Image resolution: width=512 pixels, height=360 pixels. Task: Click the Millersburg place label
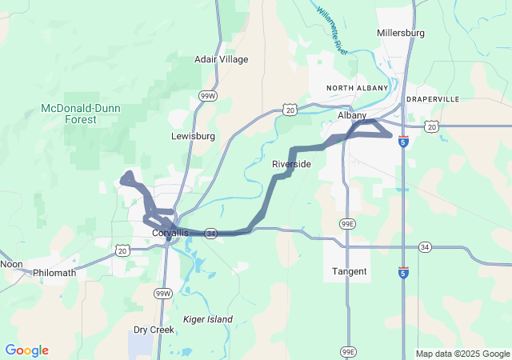[400, 33]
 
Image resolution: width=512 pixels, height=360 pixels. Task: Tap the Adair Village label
[222, 59]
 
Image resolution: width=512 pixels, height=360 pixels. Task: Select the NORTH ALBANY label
[357, 87]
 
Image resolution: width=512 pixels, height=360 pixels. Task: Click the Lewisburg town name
[193, 136]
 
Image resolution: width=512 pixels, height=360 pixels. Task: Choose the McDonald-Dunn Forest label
[81, 114]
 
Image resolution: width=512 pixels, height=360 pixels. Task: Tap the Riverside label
[291, 164]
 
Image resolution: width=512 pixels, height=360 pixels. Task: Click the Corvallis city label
[170, 233]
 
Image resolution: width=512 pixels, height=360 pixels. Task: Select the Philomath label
[54, 273]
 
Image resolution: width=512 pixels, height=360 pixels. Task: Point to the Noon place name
[11, 264]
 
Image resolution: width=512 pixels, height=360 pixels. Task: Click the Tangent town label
[350, 272]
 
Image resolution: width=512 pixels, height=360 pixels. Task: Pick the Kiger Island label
[208, 319]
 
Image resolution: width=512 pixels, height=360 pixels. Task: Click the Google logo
[26, 350]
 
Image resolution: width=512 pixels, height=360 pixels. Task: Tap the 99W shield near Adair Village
[207, 96]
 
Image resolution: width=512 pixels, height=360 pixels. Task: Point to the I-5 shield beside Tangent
[403, 273]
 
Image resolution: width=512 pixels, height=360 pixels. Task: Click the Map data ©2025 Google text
[462, 354]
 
